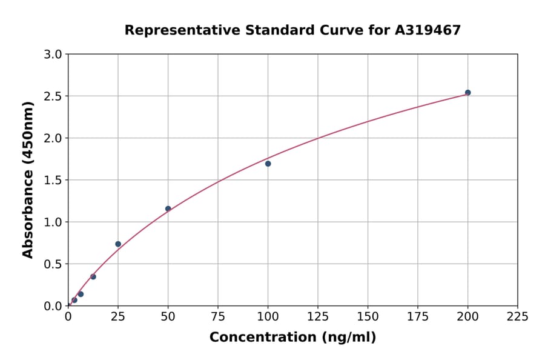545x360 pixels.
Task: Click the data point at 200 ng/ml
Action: point(467,93)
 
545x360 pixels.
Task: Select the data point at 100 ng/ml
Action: point(268,164)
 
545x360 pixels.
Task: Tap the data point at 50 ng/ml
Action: point(168,209)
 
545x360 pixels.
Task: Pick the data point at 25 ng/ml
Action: point(118,244)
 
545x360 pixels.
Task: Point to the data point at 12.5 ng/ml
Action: point(93,277)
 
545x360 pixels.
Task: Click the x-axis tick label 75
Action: point(218,316)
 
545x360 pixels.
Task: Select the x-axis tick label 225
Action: point(518,316)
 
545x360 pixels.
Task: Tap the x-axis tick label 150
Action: point(368,316)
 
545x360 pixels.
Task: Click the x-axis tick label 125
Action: point(318,316)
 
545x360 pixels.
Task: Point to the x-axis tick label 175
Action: point(418,316)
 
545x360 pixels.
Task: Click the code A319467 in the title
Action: point(428,30)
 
